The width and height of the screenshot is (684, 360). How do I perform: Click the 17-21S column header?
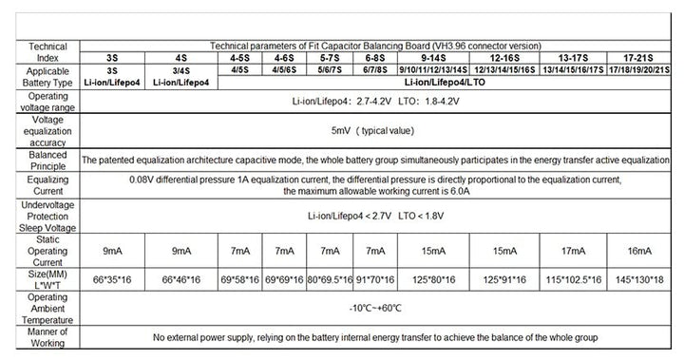tap(642, 57)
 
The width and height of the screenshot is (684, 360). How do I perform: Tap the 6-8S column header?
tap(375, 57)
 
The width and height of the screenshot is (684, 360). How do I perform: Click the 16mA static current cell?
tap(642, 251)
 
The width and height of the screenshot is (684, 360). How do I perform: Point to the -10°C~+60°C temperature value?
tap(375, 308)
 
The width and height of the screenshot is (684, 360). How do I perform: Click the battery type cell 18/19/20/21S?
tap(642, 70)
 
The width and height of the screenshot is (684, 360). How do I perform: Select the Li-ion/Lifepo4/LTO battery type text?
tap(446, 84)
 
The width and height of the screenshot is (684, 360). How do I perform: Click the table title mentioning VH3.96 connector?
tap(375, 45)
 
